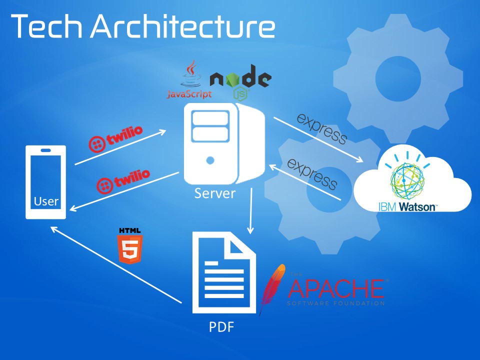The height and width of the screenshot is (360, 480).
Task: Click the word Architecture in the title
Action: pos(182,27)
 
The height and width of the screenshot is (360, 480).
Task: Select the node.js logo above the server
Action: pos(240,78)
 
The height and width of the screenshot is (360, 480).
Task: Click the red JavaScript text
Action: pos(189,94)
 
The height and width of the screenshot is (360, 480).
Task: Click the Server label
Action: pos(214,193)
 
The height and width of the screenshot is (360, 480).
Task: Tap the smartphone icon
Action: pos(46,182)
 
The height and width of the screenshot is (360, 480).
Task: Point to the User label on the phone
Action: pos(46,202)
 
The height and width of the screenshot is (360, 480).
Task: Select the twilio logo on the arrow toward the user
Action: pos(123,179)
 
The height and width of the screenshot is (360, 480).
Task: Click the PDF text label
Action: pos(221,328)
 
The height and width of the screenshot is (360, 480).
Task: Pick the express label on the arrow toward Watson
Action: pos(322,128)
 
